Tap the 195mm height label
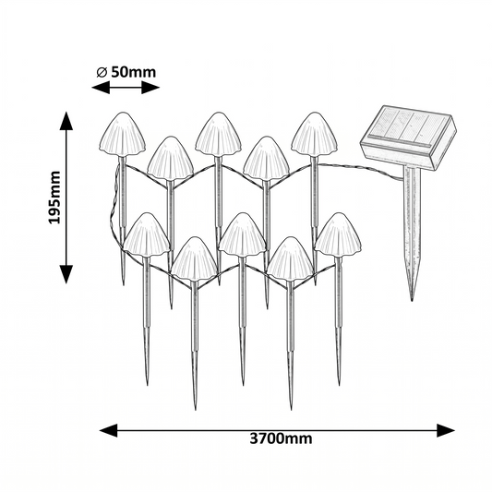click(x=54, y=198)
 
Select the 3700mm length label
click(x=281, y=438)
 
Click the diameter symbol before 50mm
click(x=102, y=73)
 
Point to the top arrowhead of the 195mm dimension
click(x=66, y=121)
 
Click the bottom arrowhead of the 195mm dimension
click(x=66, y=274)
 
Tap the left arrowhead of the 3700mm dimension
click(x=109, y=430)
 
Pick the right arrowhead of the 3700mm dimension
click(x=446, y=430)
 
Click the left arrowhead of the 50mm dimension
click(x=101, y=87)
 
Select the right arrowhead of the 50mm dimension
click(x=150, y=87)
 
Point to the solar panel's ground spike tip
click(x=412, y=300)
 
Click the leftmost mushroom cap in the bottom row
click(x=146, y=234)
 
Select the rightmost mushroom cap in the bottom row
click(x=338, y=234)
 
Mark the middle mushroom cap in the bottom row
click(x=242, y=234)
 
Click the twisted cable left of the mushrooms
click(x=113, y=207)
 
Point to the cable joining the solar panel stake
click(x=361, y=169)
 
